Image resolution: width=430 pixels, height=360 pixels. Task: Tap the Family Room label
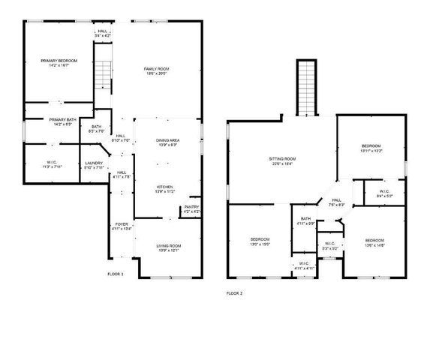pos(155,71)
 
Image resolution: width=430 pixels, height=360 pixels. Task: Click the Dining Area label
pos(167,142)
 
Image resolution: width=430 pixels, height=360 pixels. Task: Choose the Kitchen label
pos(165,189)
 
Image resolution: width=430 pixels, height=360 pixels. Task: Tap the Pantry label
pos(191,209)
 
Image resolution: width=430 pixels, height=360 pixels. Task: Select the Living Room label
pos(168,248)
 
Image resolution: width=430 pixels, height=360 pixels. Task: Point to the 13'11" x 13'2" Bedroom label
pos(371,148)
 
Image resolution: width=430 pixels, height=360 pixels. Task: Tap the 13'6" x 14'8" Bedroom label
pos(374,243)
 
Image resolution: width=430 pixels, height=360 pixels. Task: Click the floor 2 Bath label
pos(305,221)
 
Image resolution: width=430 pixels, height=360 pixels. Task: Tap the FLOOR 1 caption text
pos(116,274)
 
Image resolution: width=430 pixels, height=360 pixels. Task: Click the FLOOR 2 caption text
pos(235,293)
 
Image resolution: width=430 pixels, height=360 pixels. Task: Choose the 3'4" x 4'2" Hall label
pos(103,33)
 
